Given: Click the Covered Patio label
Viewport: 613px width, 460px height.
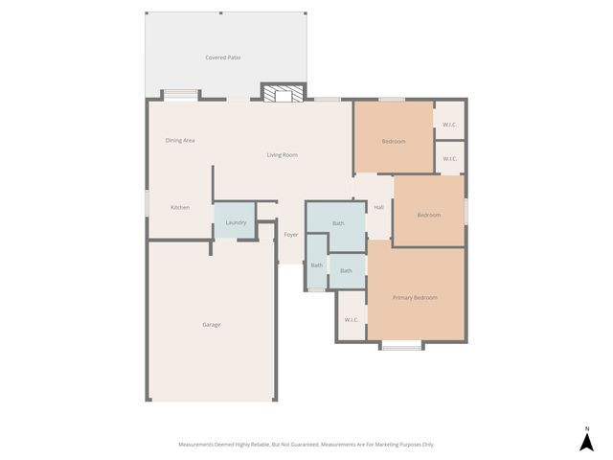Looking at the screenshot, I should pyautogui.click(x=222, y=57).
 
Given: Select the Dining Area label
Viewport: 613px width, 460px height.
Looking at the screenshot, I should pyautogui.click(x=180, y=141).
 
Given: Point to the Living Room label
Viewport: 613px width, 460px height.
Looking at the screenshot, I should pyautogui.click(x=282, y=154).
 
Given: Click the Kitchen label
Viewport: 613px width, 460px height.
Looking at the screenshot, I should pyautogui.click(x=180, y=208).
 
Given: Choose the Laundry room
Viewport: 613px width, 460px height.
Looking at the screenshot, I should pyautogui.click(x=235, y=222).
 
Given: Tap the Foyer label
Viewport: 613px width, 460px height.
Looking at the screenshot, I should pyautogui.click(x=291, y=235).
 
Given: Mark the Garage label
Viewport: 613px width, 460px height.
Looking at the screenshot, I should pyautogui.click(x=212, y=325).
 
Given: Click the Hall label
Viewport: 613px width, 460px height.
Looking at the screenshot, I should pyautogui.click(x=378, y=208).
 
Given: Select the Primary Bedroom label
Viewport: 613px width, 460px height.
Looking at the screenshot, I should pyautogui.click(x=415, y=298).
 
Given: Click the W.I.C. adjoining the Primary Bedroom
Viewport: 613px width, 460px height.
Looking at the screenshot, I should pyautogui.click(x=351, y=320).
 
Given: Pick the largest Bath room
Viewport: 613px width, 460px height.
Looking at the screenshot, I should pyautogui.click(x=337, y=224).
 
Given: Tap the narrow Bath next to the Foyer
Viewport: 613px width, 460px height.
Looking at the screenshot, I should pyautogui.click(x=316, y=264).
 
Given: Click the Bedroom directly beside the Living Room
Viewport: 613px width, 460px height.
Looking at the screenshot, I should pyautogui.click(x=393, y=141).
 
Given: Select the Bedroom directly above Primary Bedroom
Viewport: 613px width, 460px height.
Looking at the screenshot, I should pyautogui.click(x=428, y=215).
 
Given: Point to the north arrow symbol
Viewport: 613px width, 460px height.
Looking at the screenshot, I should pyautogui.click(x=586, y=442).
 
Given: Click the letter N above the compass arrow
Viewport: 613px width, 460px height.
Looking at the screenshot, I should pyautogui.click(x=586, y=427).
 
